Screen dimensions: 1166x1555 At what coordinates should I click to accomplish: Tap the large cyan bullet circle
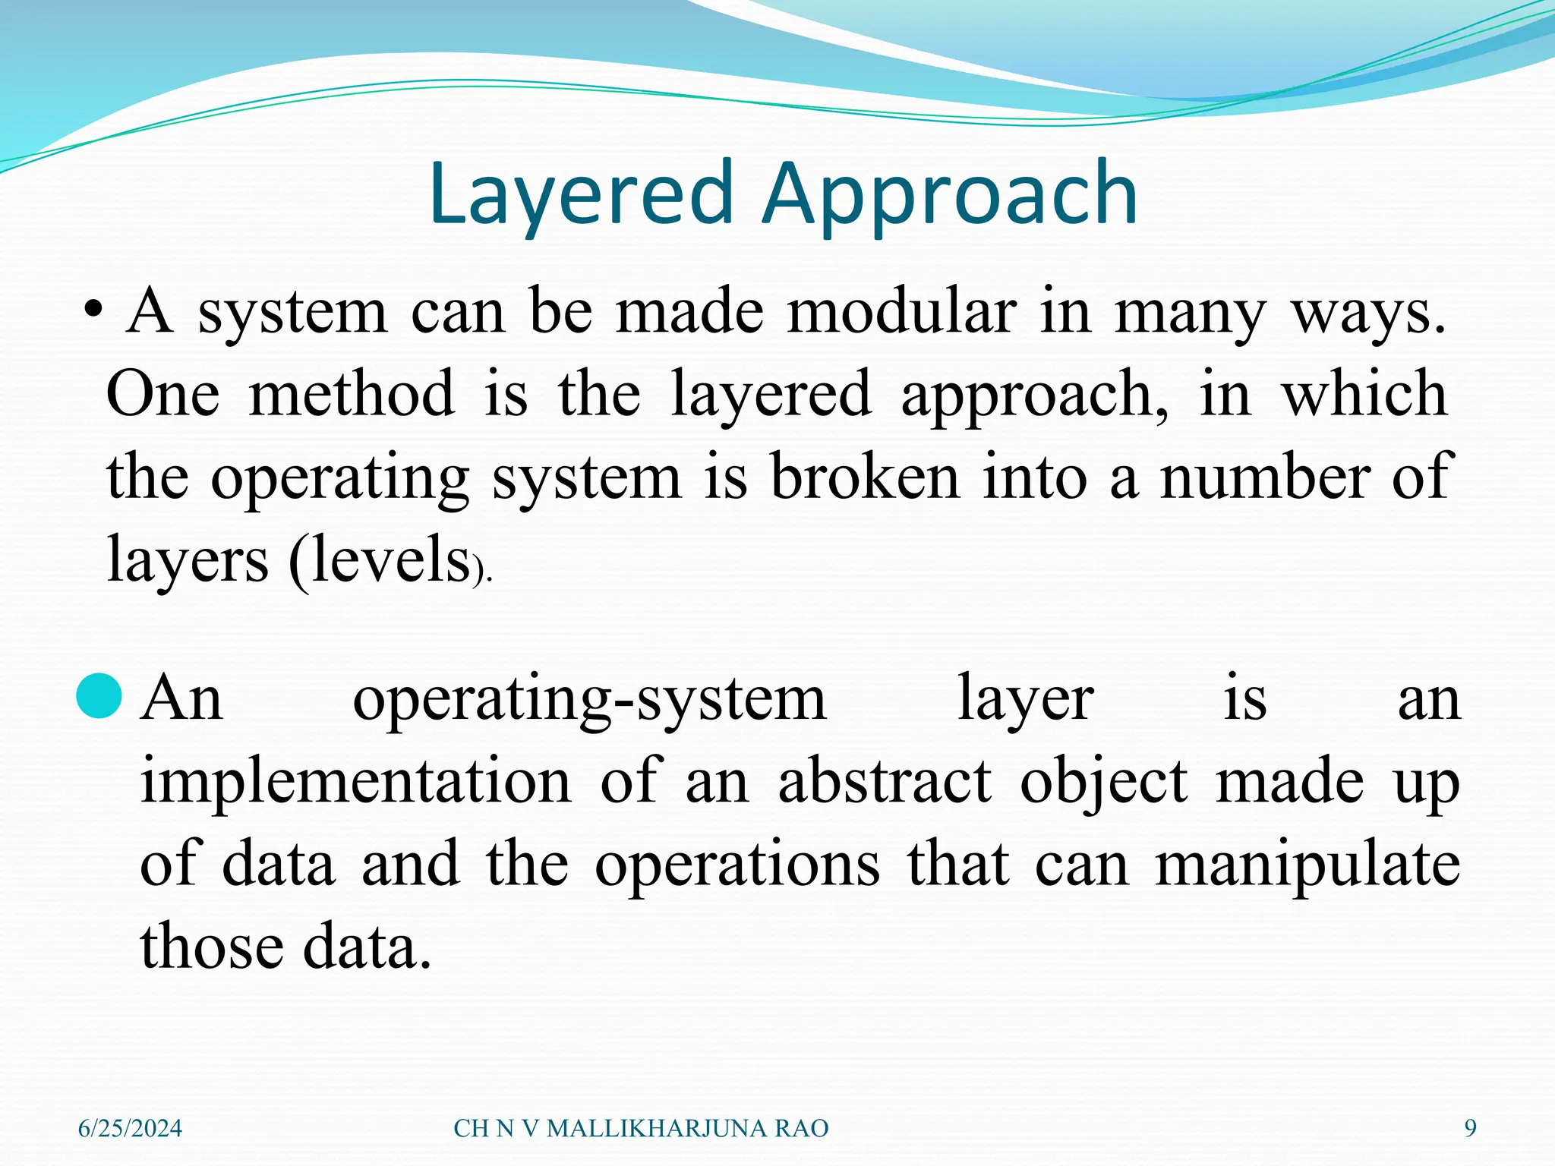pos(99,695)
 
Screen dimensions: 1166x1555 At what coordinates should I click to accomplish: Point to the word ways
pos(1368,314)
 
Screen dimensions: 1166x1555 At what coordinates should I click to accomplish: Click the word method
pos(352,394)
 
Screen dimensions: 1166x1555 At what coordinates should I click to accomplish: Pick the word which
pos(1364,394)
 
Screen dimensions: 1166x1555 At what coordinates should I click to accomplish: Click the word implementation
pos(355,781)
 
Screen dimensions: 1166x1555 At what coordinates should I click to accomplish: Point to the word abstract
pos(885,781)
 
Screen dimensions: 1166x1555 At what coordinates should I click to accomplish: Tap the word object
pos(1103,783)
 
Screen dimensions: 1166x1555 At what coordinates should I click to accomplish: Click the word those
pos(212,947)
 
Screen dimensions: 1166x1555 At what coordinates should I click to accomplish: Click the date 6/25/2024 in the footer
pos(131,1129)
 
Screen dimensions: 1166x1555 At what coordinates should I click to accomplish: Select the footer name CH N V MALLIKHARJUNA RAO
pos(641,1129)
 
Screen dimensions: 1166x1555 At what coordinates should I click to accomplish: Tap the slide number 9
pos(1470,1129)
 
